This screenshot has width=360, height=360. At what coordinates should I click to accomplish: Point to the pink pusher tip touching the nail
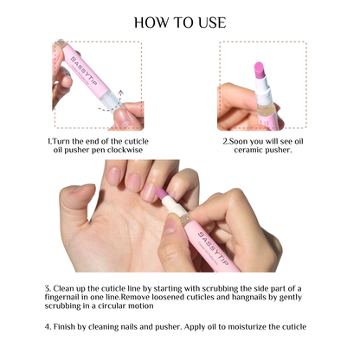[x=157, y=192]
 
